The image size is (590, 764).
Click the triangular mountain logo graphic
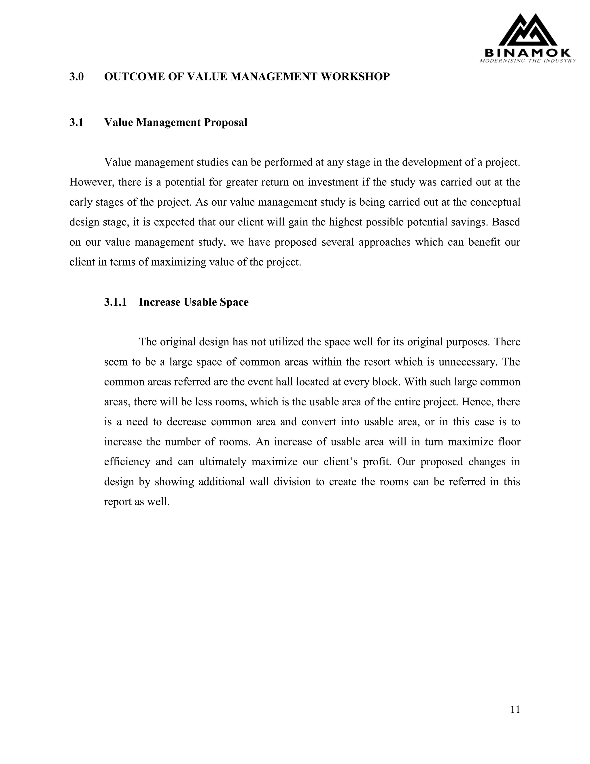[x=527, y=31]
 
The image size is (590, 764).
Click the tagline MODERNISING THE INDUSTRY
[x=527, y=61]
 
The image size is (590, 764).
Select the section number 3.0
[x=77, y=77]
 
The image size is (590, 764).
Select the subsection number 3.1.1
[x=115, y=302]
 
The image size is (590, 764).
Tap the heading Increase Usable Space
[x=194, y=302]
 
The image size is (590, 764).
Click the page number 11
[x=515, y=709]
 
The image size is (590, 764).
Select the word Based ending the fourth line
[x=506, y=222]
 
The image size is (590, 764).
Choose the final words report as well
[x=137, y=502]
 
